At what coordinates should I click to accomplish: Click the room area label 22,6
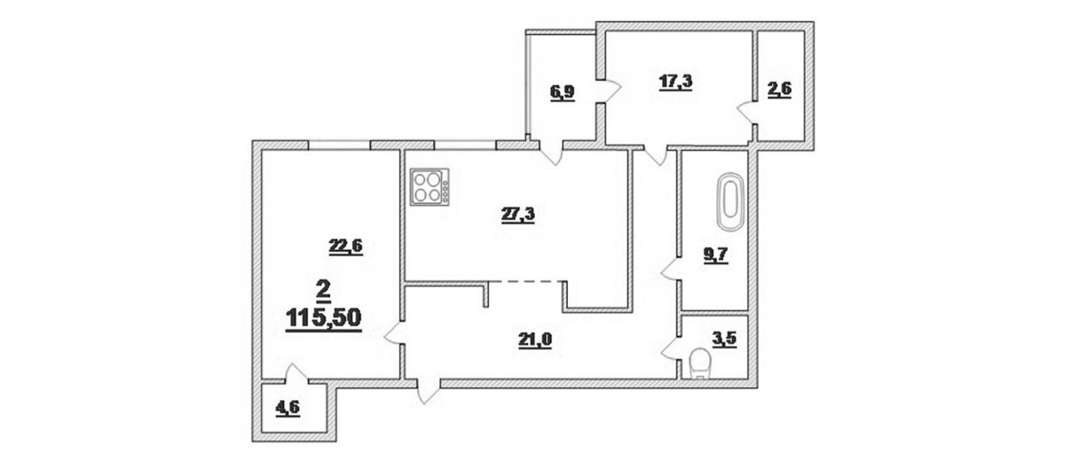(345, 247)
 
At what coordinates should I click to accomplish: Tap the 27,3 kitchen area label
(517, 215)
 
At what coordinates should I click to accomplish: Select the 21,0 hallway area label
(535, 340)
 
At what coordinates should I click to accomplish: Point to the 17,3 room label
(675, 82)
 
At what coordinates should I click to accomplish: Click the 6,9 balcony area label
(563, 91)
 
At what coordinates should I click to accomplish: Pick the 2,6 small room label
(779, 90)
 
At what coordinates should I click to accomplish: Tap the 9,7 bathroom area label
(715, 255)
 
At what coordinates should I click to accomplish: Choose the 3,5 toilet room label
(724, 339)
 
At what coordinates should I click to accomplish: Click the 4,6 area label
(288, 408)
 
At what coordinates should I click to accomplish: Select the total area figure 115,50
(324, 318)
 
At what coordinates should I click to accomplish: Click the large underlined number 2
(323, 290)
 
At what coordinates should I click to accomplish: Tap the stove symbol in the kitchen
(430, 187)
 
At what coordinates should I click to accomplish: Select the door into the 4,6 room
(296, 374)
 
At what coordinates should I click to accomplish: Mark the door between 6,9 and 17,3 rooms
(609, 90)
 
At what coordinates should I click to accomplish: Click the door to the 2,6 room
(747, 113)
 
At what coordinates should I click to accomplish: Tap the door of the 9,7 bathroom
(671, 270)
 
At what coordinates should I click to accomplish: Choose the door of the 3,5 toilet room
(671, 349)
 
